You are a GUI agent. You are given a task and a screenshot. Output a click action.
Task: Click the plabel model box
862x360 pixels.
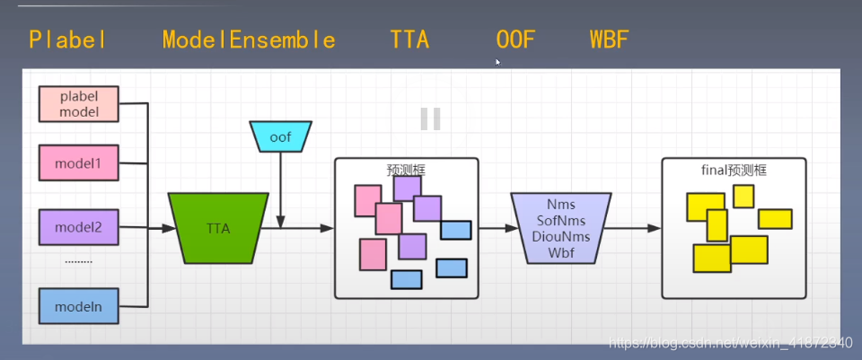click(78, 104)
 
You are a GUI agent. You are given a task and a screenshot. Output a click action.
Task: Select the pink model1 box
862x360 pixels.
click(78, 163)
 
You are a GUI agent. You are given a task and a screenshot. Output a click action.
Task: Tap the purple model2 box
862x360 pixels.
click(78, 227)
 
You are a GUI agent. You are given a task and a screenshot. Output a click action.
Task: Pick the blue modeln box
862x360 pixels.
click(78, 306)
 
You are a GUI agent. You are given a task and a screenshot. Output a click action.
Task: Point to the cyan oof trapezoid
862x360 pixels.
click(280, 136)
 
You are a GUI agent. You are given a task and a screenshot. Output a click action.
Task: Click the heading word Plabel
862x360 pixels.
click(68, 40)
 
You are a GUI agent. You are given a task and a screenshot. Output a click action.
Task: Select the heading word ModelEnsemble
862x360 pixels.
click(249, 40)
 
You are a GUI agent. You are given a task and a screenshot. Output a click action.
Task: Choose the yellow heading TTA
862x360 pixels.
click(409, 40)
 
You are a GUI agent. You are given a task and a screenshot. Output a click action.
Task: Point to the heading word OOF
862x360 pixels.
click(515, 40)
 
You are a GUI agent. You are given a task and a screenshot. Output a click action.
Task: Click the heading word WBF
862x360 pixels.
click(610, 40)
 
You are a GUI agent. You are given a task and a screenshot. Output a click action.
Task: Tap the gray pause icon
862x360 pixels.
click(430, 119)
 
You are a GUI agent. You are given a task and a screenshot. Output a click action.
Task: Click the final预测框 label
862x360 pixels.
click(734, 168)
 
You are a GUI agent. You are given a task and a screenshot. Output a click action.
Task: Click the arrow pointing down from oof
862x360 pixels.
click(281, 189)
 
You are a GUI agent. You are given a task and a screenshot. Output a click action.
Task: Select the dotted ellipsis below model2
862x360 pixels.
click(78, 261)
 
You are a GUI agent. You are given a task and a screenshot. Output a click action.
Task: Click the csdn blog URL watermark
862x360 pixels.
click(728, 343)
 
